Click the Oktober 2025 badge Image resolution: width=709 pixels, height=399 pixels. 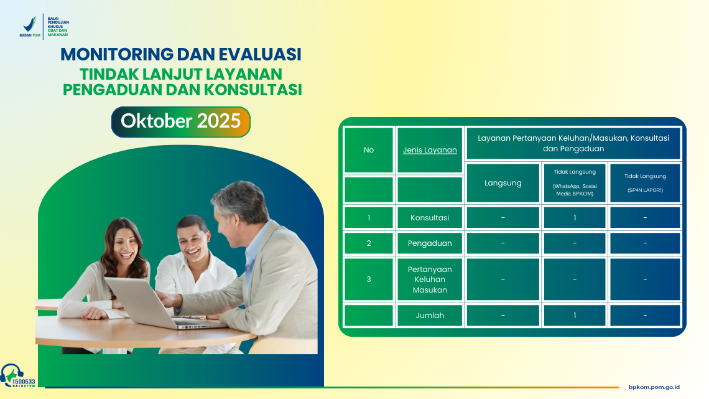click(180, 121)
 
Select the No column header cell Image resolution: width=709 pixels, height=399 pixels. click(369, 150)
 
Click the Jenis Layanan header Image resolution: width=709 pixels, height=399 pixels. click(430, 150)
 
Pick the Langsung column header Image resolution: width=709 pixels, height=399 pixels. click(503, 183)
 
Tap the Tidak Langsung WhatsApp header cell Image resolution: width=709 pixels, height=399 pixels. click(575, 183)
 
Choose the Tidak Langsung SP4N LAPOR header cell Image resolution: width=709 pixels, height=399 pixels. click(645, 183)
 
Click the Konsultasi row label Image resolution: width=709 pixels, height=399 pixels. click(430, 218)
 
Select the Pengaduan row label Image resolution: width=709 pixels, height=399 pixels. click(430, 243)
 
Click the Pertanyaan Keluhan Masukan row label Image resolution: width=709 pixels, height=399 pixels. click(430, 279)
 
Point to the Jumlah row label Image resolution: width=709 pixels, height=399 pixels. click(430, 316)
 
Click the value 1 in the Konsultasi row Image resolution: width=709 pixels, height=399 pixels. click(575, 218)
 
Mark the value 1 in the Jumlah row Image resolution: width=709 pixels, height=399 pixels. click(575, 316)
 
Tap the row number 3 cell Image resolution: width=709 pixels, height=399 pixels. click(369, 279)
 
